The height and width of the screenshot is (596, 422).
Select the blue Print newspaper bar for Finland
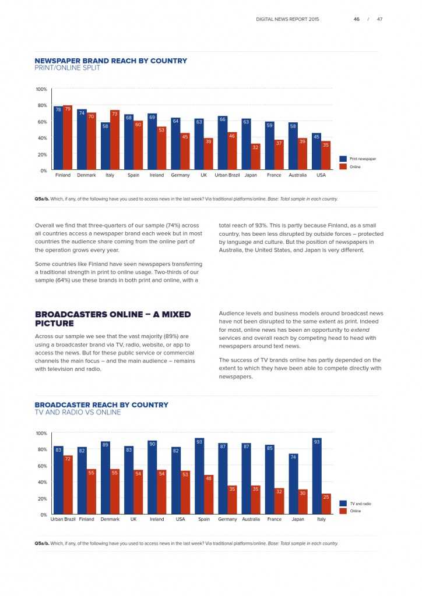pyautogui.click(x=58, y=138)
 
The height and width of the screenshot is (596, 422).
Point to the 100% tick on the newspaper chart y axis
pyautogui.click(x=41, y=89)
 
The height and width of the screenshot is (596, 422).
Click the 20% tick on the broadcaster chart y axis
pyautogui.click(x=43, y=499)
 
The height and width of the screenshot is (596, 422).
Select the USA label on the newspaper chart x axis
pyautogui.click(x=321, y=175)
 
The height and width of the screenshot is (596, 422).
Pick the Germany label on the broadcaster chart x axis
pyautogui.click(x=227, y=519)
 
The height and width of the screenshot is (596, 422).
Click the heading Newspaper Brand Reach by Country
pyautogui.click(x=111, y=61)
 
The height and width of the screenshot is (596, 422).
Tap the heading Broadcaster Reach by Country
pyautogui.click(x=101, y=405)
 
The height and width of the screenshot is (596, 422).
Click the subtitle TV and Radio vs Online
pyautogui.click(x=78, y=413)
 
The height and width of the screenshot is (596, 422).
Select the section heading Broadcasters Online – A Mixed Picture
pyautogui.click(x=112, y=318)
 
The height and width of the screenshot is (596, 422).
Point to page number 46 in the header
pyautogui.click(x=356, y=19)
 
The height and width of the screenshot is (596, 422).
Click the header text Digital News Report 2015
pyautogui.click(x=287, y=19)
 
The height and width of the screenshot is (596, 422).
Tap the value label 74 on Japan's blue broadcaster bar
pyautogui.click(x=293, y=457)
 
